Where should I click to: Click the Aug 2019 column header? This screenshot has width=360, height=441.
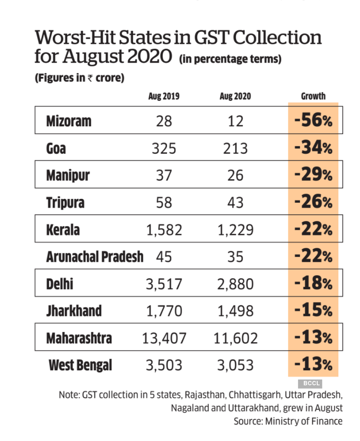164,96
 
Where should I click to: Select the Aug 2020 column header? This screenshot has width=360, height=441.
235,96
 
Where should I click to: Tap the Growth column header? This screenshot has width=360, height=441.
313,96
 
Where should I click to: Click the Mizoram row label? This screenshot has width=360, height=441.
69,121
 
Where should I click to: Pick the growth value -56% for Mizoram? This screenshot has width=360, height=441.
313,121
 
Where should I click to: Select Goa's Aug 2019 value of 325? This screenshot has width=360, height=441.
164,148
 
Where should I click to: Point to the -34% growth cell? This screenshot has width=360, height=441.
313,148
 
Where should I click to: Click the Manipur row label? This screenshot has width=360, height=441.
68,175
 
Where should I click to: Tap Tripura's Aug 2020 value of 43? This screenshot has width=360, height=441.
235,203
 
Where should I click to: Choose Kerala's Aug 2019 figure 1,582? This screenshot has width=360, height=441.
164,230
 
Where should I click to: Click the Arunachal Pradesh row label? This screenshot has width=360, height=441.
95,257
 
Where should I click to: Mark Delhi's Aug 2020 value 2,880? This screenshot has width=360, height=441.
235,284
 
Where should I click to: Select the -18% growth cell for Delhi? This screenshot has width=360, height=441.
313,284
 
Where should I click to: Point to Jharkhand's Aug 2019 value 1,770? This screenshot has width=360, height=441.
164,311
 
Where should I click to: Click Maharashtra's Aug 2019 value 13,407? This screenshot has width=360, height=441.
164,339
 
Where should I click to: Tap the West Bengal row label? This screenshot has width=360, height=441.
80,366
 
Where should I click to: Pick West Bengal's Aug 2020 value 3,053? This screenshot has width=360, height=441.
235,366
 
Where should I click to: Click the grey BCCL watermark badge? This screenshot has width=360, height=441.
309,383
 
